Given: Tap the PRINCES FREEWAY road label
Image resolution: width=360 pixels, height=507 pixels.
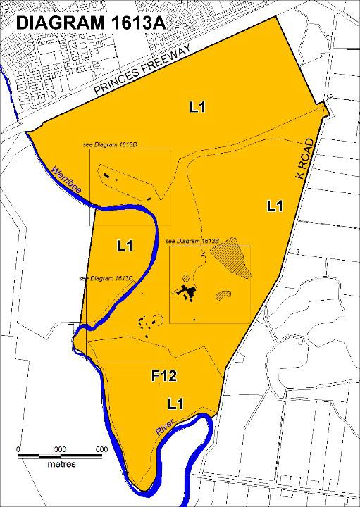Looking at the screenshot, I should [142, 73].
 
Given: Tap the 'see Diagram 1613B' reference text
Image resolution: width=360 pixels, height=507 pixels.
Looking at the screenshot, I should [193, 242].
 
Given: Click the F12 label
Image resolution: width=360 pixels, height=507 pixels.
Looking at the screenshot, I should [163, 377].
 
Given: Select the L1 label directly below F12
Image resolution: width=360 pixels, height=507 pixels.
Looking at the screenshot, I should [175, 403].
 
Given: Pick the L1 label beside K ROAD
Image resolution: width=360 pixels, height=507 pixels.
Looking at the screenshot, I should [275, 206].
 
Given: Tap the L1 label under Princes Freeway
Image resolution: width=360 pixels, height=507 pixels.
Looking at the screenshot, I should [197, 107].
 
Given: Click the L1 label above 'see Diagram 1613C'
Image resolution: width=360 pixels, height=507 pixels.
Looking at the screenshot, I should [125, 246].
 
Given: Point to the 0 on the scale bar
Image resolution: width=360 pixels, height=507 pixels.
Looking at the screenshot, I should [18, 449].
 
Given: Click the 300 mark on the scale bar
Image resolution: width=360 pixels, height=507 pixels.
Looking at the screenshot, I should [59, 449].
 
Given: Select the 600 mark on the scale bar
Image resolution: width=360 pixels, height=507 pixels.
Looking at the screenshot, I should [101, 449].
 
